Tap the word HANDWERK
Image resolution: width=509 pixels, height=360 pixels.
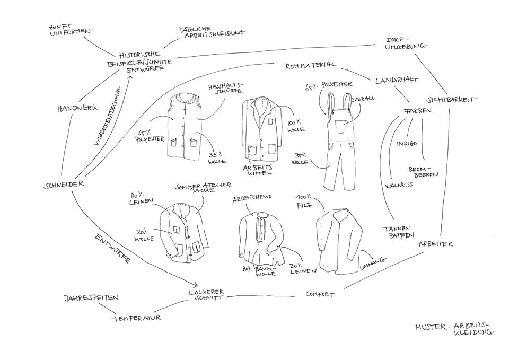(x=77, y=108)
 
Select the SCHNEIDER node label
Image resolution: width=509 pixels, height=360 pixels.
(x=63, y=185)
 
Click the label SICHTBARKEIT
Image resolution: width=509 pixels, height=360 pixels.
(x=451, y=99)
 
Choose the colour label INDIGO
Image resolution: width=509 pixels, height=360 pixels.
(x=407, y=144)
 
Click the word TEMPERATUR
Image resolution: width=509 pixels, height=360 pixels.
(x=136, y=318)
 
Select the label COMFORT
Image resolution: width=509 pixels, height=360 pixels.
(x=320, y=294)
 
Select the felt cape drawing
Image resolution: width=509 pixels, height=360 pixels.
(x=338, y=241)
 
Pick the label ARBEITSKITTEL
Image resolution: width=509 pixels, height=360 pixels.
(x=257, y=170)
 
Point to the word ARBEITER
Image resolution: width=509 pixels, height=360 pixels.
(x=435, y=244)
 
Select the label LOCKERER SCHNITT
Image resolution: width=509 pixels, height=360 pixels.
(x=207, y=295)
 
